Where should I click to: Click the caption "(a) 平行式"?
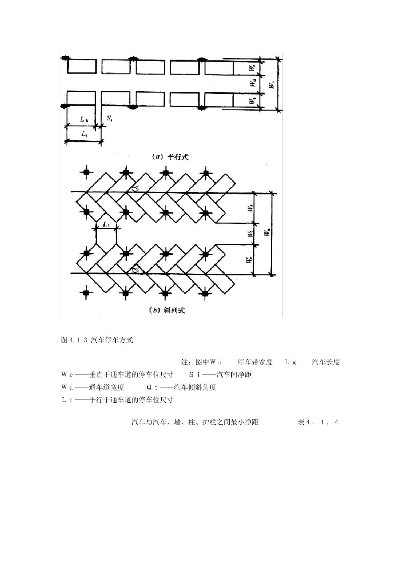[x=170, y=157]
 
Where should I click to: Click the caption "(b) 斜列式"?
[x=167, y=310]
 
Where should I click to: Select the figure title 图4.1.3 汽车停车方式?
[x=97, y=340]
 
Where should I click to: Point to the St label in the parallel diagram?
[x=109, y=118]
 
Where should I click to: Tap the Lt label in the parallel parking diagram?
[x=84, y=134]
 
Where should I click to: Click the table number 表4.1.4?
[x=318, y=422]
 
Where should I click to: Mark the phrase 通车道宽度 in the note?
[x=106, y=387]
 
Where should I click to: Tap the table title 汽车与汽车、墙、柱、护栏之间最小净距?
[x=195, y=422]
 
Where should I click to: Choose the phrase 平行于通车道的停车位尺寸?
[x=131, y=400]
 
